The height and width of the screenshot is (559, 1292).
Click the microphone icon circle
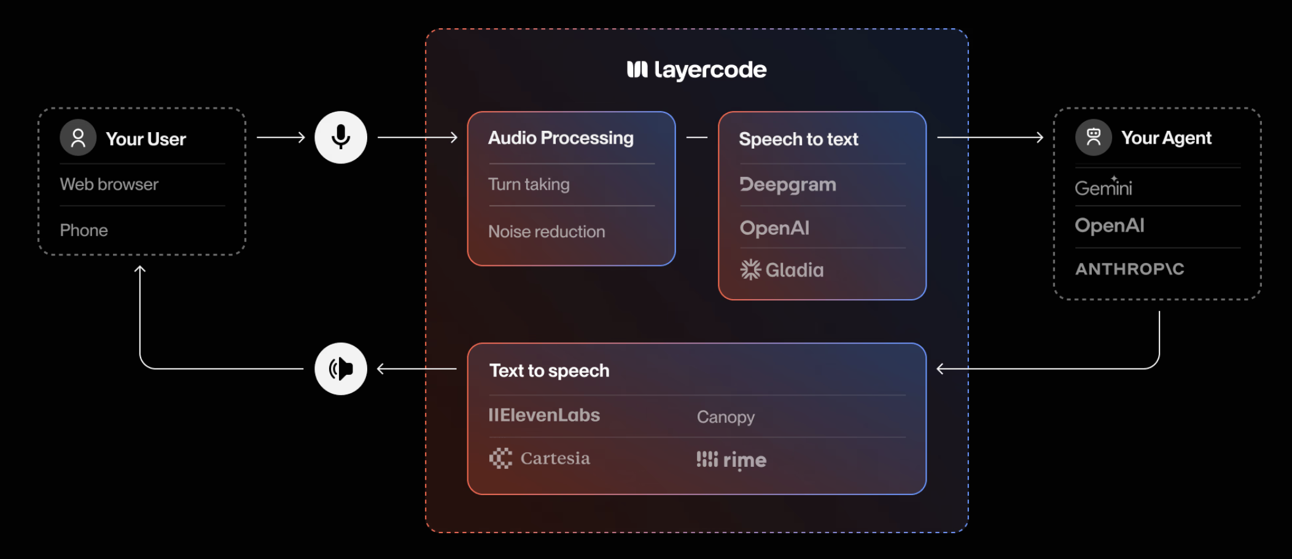341,138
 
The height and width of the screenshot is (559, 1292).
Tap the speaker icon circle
341,369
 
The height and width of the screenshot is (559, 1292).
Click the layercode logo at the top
697,70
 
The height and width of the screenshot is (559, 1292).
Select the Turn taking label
529,184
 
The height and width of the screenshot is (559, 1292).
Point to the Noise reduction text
547,232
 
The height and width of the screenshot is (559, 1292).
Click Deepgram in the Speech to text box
788,185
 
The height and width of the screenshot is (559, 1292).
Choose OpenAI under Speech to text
774,228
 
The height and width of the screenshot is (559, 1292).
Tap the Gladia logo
782,270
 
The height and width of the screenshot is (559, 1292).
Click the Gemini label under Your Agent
1103,187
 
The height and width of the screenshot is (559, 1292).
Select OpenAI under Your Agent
1110,225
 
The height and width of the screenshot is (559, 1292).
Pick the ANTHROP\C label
1129,269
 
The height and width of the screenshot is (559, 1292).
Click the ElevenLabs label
544,415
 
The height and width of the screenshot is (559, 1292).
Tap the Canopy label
725,417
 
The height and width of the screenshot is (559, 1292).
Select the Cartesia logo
540,458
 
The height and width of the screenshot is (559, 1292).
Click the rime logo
731,459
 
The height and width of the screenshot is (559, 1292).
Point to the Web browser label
109,184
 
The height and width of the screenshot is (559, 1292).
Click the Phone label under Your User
84,230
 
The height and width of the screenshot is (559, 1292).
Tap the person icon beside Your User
78,138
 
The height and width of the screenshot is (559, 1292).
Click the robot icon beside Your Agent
1093,138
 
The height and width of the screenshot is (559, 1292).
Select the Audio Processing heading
561,138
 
